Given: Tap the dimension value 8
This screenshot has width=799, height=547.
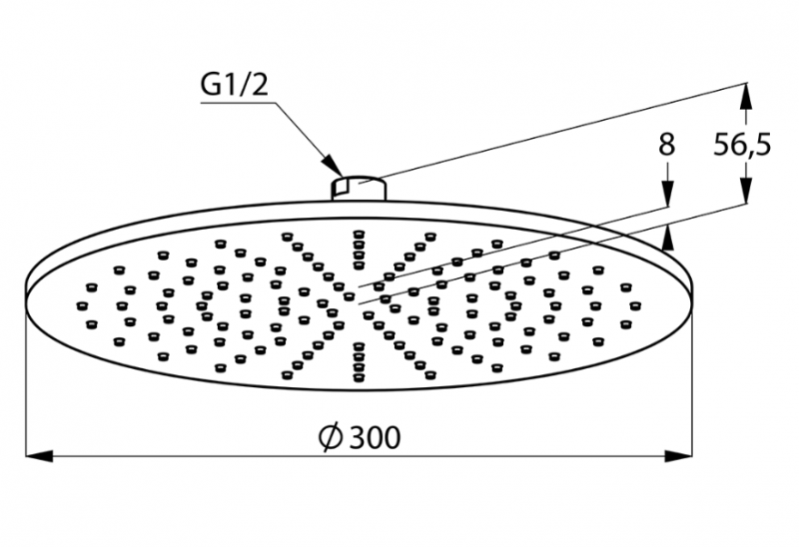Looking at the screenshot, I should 666,145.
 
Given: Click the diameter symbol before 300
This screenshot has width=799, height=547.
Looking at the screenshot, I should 331,436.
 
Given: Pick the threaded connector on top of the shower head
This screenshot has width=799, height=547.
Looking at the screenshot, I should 358,187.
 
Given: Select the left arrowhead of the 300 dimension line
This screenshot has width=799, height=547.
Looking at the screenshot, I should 38,456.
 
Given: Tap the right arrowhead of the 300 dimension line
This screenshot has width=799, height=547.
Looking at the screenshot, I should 679,456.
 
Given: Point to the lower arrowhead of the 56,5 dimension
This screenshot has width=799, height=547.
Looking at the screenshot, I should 744,195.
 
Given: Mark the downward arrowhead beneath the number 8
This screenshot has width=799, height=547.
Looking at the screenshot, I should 667,198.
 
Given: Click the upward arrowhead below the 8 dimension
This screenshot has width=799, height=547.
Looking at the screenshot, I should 667,235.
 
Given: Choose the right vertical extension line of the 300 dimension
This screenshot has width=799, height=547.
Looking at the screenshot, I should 691,379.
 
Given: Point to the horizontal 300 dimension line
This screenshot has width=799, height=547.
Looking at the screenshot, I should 200,456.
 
